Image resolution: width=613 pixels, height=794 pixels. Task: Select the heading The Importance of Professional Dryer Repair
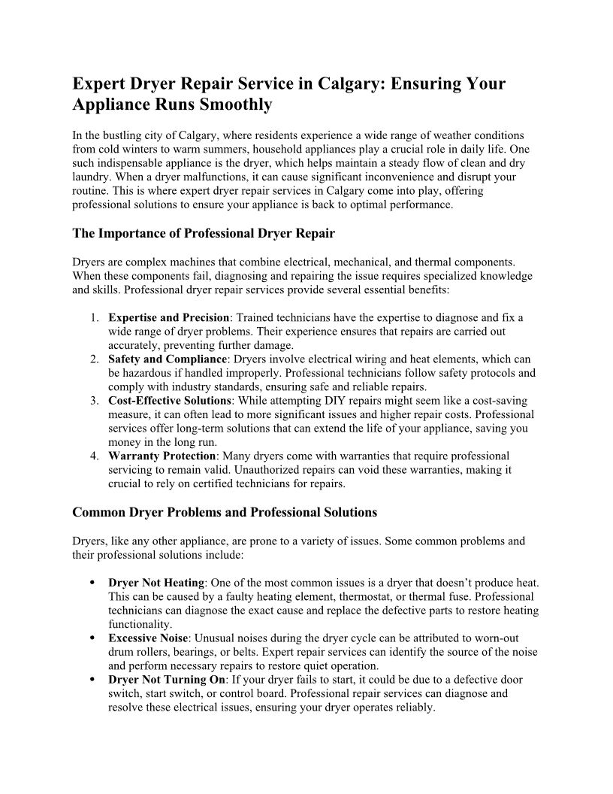[x=204, y=233]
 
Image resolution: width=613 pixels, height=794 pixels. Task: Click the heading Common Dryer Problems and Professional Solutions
[x=225, y=512]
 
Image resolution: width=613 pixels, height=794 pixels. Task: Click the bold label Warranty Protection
[x=162, y=456]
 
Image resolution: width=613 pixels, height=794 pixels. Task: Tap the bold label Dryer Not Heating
[x=156, y=583]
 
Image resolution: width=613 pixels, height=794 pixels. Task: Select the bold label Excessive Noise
[x=148, y=638]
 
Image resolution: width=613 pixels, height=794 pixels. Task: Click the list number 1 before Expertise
[x=93, y=318]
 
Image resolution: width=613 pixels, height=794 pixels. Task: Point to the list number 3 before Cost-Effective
[x=93, y=401]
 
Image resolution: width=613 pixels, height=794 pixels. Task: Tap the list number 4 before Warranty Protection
[x=93, y=456]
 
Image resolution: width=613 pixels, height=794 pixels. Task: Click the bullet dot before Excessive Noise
[x=91, y=638]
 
